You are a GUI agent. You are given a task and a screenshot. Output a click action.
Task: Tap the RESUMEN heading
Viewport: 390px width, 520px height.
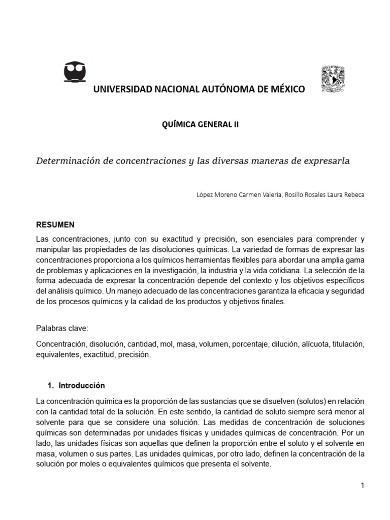tap(55, 224)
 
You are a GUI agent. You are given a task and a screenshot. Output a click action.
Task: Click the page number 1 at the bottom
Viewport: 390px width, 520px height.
tap(363, 485)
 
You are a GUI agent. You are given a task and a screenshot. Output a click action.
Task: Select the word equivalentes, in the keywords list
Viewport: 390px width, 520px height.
tap(56, 355)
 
